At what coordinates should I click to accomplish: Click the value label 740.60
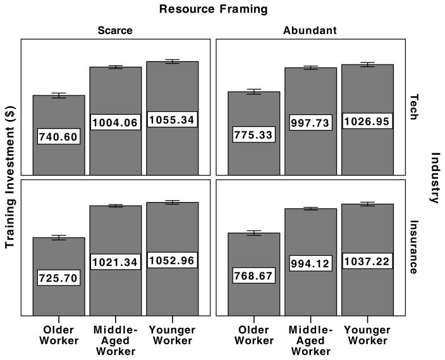(58, 136)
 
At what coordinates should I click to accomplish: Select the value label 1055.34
(172, 119)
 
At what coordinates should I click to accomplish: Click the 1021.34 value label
(115, 261)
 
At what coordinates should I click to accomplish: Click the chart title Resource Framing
(213, 9)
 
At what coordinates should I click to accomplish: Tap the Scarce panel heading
(115, 30)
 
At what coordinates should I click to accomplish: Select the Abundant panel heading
(310, 30)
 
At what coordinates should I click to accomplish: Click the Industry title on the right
(435, 177)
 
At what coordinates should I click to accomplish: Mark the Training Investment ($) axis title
(11, 177)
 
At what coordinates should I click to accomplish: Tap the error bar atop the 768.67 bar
(253, 233)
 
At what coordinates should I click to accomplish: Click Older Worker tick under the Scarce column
(58, 336)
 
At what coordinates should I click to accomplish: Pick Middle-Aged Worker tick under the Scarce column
(115, 341)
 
